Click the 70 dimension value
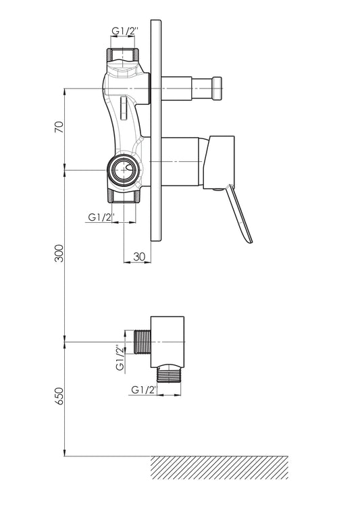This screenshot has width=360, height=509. pyautogui.click(x=59, y=127)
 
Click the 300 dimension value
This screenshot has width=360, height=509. pyautogui.click(x=59, y=253)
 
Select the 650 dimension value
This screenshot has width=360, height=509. pyautogui.click(x=59, y=396)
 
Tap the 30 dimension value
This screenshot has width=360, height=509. pyautogui.click(x=139, y=257)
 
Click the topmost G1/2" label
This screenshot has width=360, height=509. pyautogui.click(x=126, y=31)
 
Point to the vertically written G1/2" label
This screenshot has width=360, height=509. pyautogui.click(x=120, y=358)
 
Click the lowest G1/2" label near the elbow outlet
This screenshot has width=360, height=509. pyautogui.click(x=145, y=390)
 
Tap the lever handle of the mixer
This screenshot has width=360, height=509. pyautogui.click(x=240, y=213)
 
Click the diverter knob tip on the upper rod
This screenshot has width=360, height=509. pyautogui.click(x=217, y=88)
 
